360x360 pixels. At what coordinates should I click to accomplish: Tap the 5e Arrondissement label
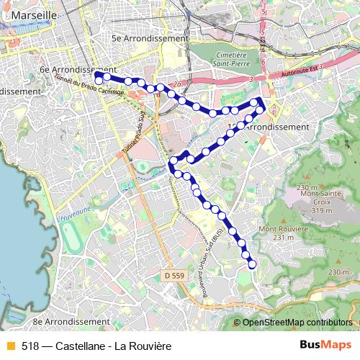[x=150, y=38]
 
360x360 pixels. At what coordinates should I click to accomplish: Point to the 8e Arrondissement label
[x=71, y=321]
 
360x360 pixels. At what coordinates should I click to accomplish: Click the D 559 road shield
[x=174, y=275]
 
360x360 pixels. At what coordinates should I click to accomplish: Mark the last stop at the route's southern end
[x=252, y=264]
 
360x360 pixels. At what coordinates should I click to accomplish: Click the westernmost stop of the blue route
[x=98, y=74]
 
